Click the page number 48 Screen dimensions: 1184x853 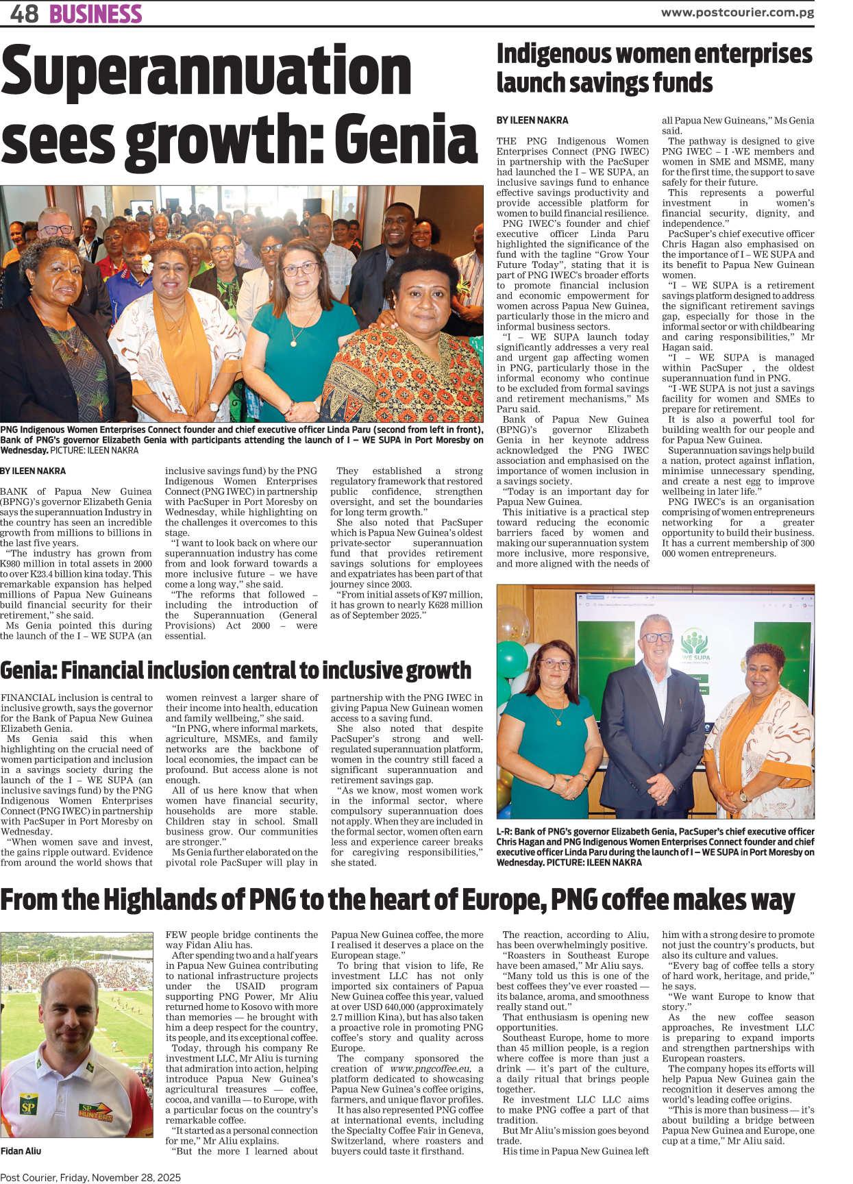(24, 14)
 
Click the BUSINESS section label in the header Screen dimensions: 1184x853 (95, 14)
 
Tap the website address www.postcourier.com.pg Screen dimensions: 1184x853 (737, 12)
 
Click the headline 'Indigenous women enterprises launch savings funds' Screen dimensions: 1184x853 (654, 68)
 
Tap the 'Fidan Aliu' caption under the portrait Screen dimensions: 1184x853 (21, 1151)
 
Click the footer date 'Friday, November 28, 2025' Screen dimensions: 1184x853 (120, 1177)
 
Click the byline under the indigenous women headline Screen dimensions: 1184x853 (532, 120)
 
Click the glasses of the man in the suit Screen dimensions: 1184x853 (657, 637)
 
